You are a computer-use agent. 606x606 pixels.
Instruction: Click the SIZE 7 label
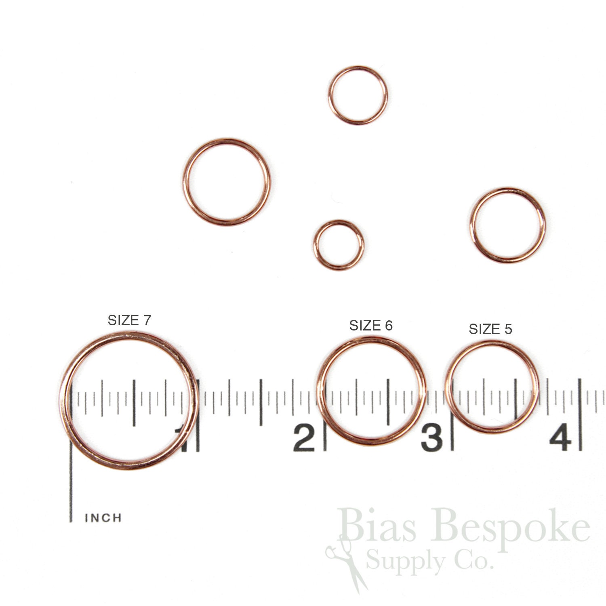[129, 320]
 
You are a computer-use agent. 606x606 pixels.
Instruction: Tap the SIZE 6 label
[371, 326]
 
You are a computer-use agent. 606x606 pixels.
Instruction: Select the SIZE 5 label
[490, 329]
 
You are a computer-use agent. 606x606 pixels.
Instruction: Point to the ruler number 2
[304, 438]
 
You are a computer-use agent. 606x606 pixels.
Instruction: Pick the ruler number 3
[431, 438]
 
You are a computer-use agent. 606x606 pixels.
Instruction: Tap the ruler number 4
[560, 438]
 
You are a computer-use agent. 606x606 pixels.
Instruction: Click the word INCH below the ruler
[103, 518]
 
